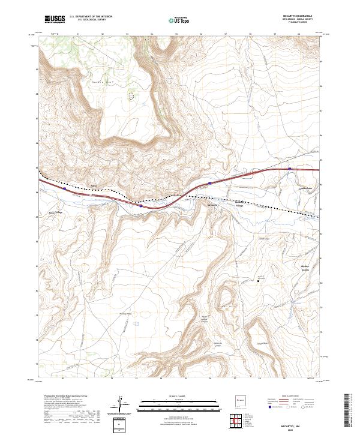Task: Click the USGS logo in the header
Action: tap(53, 19)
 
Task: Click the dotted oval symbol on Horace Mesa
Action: tap(131, 95)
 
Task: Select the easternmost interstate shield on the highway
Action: tap(290, 170)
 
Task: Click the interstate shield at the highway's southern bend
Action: tap(140, 206)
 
